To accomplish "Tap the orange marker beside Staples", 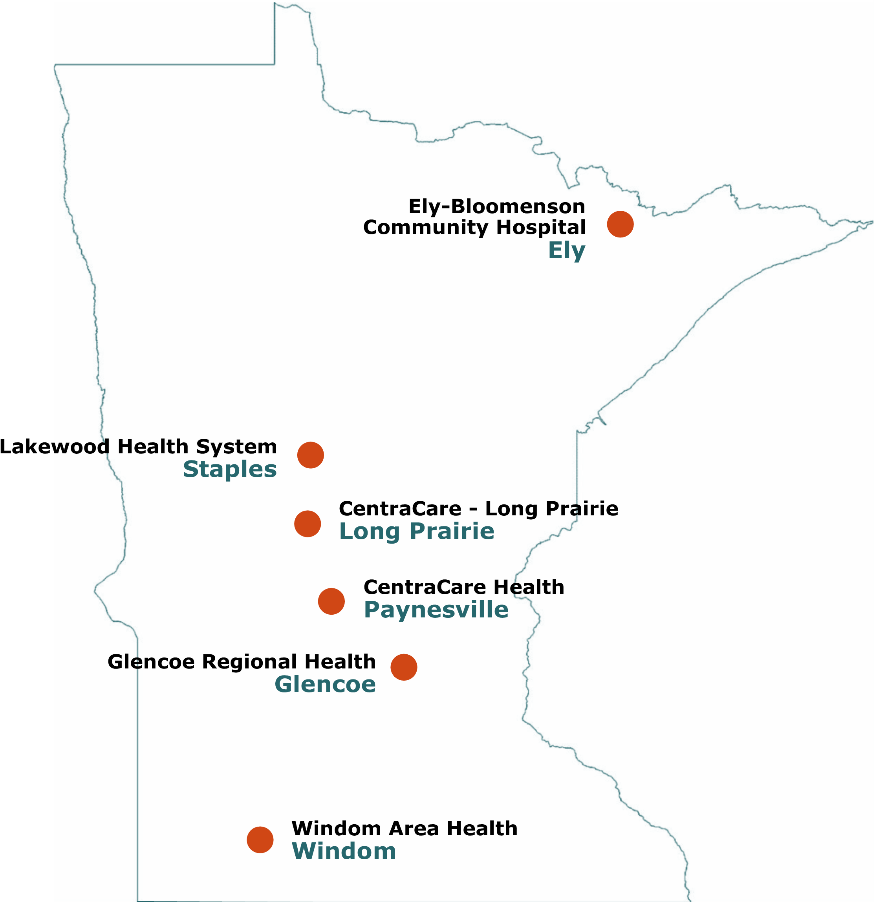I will tap(310, 455).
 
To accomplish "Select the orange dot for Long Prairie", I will tap(308, 524).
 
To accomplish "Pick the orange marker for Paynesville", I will tap(331, 601).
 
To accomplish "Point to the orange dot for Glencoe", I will tap(404, 667).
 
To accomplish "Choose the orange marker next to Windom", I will tap(260, 840).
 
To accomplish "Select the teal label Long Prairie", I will tap(417, 531).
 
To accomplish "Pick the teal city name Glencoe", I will tap(325, 684).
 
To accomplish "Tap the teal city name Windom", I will tap(344, 851).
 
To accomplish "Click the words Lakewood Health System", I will tap(138, 447).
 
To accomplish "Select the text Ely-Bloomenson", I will tap(497, 206).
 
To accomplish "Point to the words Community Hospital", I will tap(474, 227).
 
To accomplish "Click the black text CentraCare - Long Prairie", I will tap(478, 509).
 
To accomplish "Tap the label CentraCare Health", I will tap(464, 587).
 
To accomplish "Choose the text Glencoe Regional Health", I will tap(242, 662).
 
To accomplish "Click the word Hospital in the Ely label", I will tap(541, 227).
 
